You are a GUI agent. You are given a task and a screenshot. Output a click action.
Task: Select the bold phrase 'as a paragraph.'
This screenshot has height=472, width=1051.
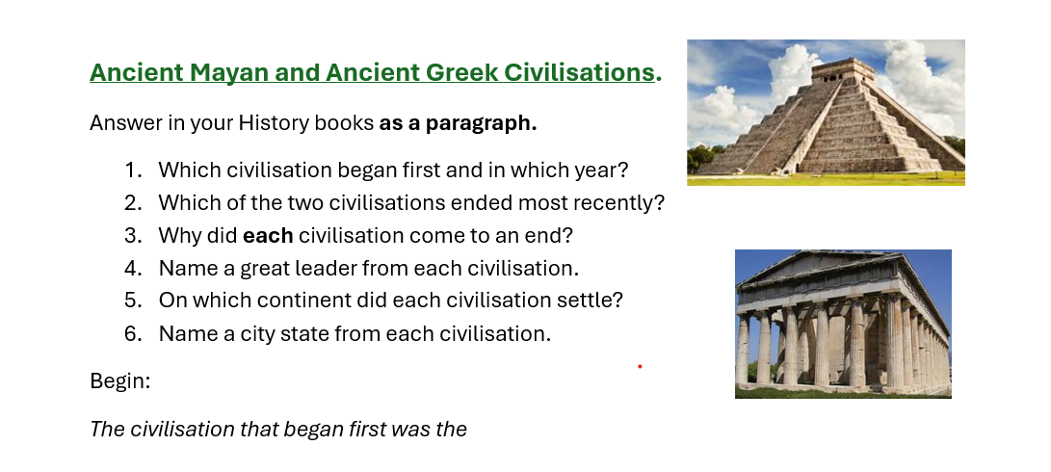[459, 123]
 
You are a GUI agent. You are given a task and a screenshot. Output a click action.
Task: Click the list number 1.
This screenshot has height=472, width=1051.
[133, 170]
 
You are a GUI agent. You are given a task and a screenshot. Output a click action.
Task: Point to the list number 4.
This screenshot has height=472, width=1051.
[133, 268]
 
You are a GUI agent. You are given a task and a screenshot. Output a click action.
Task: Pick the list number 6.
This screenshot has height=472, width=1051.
[133, 333]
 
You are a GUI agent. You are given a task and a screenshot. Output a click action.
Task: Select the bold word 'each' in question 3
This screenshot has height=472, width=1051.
[268, 235]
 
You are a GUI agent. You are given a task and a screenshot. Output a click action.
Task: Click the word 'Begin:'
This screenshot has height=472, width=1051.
[120, 380]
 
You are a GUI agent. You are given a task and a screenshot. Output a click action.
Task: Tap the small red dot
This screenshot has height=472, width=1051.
[640, 367]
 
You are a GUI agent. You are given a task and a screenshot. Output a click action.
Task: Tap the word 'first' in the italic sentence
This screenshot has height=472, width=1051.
[365, 429]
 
